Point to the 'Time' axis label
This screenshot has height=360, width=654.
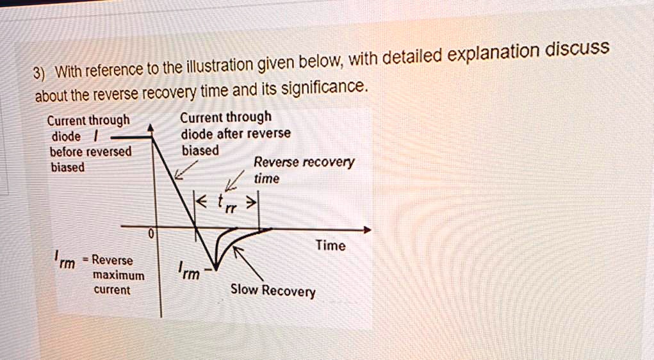331,245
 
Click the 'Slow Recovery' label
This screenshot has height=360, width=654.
273,291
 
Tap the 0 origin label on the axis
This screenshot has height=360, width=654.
151,235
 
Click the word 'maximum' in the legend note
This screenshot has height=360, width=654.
119,275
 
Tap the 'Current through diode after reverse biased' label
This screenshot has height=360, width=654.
234,134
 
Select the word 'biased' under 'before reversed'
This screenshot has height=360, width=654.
67,167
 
